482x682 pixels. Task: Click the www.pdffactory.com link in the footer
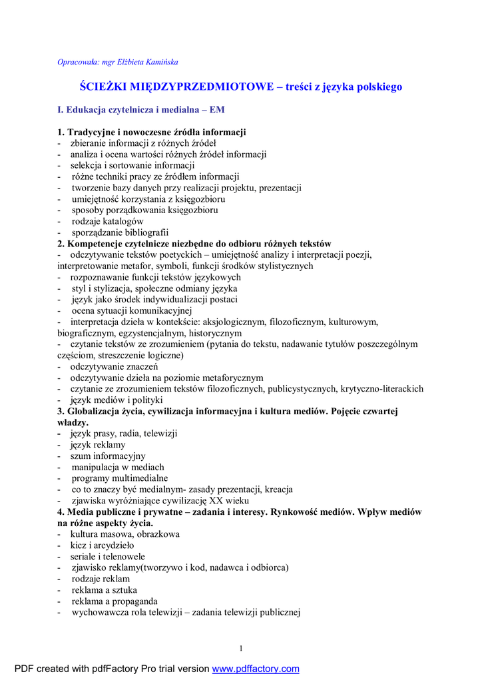[x=256, y=669]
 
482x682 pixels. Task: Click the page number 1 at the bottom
[x=241, y=649]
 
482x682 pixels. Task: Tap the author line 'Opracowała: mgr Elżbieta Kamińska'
[x=118, y=62]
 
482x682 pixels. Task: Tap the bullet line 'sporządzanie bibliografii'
[x=120, y=232]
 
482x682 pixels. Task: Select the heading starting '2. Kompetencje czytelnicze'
[x=194, y=244]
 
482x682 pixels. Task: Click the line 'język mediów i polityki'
[x=117, y=400]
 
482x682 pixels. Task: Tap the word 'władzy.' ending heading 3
[x=73, y=422]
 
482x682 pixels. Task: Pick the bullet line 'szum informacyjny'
[x=108, y=456]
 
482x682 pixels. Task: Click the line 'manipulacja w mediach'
[x=118, y=467]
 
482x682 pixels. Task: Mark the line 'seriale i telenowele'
[x=108, y=556]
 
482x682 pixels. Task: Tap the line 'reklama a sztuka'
[x=105, y=589]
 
